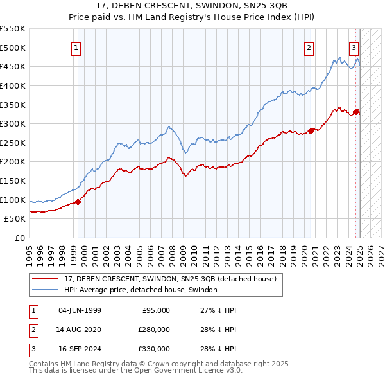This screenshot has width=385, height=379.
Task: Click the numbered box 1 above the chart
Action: point(76,47)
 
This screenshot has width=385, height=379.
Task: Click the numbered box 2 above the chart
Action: point(309,47)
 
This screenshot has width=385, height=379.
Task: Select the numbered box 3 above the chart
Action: point(354,47)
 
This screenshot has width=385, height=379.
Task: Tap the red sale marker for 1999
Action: point(78,202)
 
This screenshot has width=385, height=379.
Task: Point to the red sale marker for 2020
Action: point(311,131)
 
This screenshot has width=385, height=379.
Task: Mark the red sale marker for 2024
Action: point(356,112)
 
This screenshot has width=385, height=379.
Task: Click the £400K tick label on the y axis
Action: point(13,85)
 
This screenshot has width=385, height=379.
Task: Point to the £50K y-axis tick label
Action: point(15,219)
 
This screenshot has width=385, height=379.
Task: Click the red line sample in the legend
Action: point(46,279)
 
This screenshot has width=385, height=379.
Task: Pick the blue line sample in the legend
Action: point(46,290)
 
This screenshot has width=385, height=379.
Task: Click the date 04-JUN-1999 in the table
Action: point(80,310)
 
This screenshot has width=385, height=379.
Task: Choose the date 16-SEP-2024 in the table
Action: point(80,349)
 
